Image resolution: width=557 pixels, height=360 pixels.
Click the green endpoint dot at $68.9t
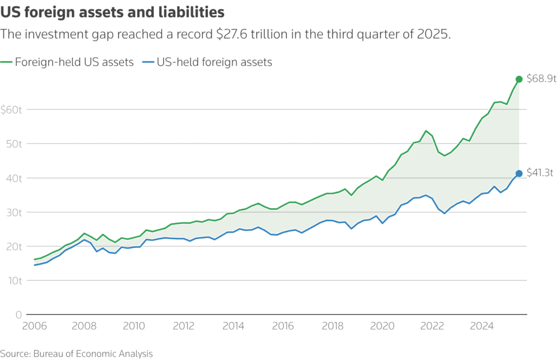pyautogui.click(x=519, y=79)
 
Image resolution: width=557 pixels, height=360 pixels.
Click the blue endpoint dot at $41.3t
pyautogui.click(x=519, y=173)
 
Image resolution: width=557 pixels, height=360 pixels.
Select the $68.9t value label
pyautogui.click(x=542, y=79)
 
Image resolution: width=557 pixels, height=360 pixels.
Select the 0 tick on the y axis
pyautogui.click(x=18, y=315)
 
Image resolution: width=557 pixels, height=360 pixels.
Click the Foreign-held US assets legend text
pyautogui.click(x=74, y=62)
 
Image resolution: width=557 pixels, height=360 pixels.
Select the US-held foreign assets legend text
pyautogui.click(x=214, y=62)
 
